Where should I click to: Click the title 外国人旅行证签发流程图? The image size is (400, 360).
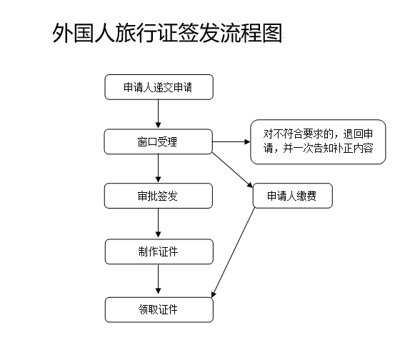tap(167, 33)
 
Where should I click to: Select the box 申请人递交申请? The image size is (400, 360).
tap(159, 87)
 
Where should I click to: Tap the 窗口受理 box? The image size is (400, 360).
tap(159, 141)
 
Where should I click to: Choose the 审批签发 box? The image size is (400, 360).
tap(159, 196)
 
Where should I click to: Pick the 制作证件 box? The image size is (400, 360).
tap(159, 251)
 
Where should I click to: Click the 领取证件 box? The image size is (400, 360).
tap(159, 309)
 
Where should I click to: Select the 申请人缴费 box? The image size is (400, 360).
tap(293, 196)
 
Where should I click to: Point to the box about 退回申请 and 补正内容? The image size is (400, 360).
tap(318, 141)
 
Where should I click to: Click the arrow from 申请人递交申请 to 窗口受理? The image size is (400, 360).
tap(158, 114)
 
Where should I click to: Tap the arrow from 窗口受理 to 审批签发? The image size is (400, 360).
tap(158, 169)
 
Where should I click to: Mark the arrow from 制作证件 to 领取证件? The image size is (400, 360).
tap(158, 280)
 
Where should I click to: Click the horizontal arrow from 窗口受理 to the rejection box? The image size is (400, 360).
tap(231, 141)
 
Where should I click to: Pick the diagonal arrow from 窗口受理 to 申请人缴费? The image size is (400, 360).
tap(232, 170)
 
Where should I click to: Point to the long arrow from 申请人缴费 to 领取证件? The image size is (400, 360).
tap(233, 253)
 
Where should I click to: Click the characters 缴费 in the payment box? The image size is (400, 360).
tap(307, 196)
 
